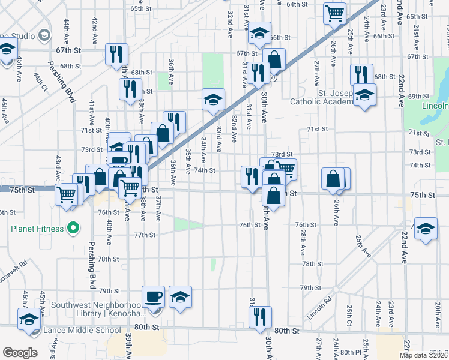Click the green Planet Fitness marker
coord(73,228)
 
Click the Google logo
coord(20,352)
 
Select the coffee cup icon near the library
coord(153,297)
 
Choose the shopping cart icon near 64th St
coord(334,13)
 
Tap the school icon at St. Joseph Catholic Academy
coord(364,95)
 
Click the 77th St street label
coord(145,235)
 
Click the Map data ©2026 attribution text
coord(424,355)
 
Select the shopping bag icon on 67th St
coord(274,59)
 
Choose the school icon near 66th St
coord(259,33)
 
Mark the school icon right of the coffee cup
coord(180,297)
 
